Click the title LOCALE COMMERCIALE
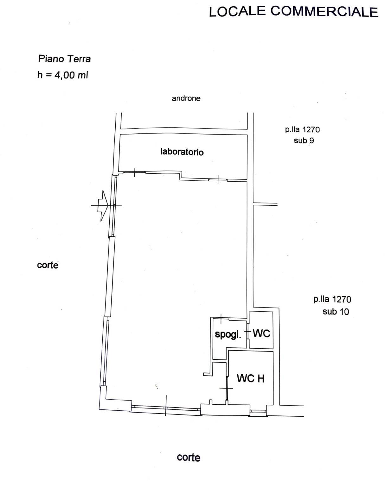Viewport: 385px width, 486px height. [293, 11]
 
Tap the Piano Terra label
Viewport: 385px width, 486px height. [64, 59]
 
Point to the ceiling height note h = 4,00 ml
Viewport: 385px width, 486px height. [63, 75]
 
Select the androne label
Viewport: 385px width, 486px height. [186, 98]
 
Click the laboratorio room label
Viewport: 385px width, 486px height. [182, 152]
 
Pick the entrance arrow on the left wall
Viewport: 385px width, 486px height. [103, 206]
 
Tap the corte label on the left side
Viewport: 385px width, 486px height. [48, 265]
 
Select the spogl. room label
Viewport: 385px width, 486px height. [228, 334]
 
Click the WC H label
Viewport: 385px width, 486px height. [251, 378]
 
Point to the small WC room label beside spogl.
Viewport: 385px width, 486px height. [261, 333]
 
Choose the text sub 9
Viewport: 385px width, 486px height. [304, 141]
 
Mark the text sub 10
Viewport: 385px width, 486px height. [336, 312]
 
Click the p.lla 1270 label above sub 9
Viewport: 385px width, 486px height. [302, 130]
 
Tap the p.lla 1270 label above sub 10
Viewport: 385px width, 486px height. [332, 299]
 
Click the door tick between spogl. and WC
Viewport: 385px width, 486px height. [248, 331]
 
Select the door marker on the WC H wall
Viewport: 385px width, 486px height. [227, 388]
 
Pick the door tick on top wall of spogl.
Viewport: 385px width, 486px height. [221, 319]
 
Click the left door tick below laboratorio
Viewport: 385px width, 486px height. [135, 172]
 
